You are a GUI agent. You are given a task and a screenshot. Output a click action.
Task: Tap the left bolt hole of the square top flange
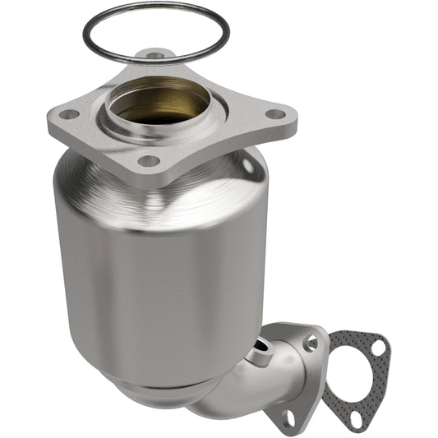coord(69,114)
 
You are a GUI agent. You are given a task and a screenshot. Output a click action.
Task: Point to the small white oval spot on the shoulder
coord(247,165)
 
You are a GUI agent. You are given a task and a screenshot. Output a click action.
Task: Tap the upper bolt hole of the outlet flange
coord(311,341)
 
